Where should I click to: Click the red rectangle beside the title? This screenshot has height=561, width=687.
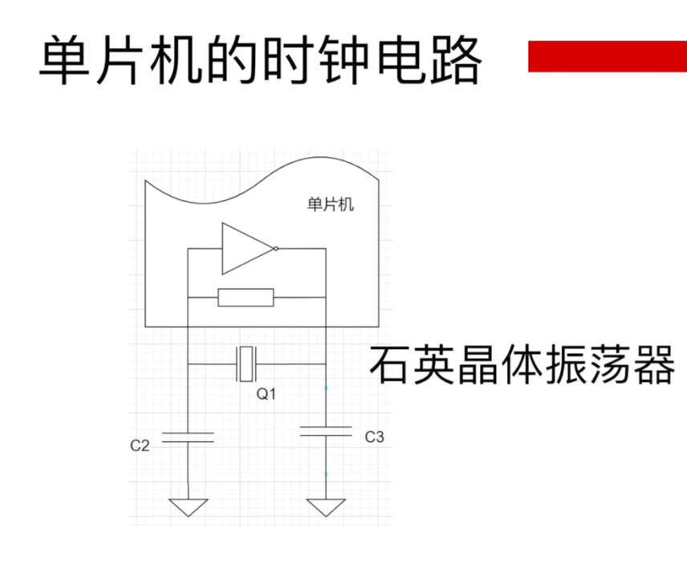click(608, 56)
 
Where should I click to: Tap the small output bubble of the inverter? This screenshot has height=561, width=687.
click(275, 249)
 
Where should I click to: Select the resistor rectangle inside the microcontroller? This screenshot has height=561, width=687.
click(246, 298)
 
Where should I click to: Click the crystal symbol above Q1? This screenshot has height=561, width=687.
click(246, 364)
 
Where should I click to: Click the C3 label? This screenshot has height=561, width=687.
click(375, 437)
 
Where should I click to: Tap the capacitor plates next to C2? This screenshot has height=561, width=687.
click(188, 437)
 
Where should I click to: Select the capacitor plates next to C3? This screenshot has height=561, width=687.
click(326, 432)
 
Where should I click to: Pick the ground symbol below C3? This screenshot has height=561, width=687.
click(326, 508)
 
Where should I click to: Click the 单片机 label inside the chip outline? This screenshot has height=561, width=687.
click(330, 205)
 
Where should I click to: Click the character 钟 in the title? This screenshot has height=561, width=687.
click(344, 59)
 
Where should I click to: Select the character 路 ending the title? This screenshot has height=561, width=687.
click(456, 59)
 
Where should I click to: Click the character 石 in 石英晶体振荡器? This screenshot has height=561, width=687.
click(391, 365)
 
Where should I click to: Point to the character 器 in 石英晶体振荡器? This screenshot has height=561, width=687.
click(652, 365)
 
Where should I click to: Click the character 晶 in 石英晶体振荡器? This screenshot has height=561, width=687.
click(478, 365)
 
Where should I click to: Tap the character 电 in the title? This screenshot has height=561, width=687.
click(400, 59)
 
